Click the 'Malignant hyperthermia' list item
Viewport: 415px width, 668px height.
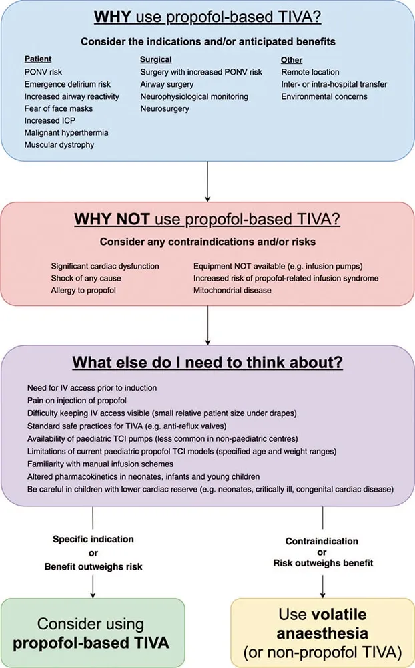pyautogui.click(x=67, y=132)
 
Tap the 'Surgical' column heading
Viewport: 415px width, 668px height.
pyautogui.click(x=156, y=60)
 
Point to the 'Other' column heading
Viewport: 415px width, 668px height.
pyautogui.click(x=292, y=60)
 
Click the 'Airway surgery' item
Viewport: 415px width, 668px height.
pyautogui.click(x=167, y=84)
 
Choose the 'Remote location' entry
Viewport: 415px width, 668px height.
pyautogui.click(x=310, y=72)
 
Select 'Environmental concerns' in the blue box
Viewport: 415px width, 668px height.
pyautogui.click(x=324, y=96)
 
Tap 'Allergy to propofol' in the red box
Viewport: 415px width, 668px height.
pyautogui.click(x=85, y=291)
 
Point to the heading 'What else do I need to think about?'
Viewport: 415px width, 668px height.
pyautogui.click(x=207, y=365)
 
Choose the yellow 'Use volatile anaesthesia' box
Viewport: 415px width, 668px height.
pyautogui.click(x=322, y=633)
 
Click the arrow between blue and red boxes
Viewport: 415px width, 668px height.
pyautogui.click(x=207, y=180)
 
